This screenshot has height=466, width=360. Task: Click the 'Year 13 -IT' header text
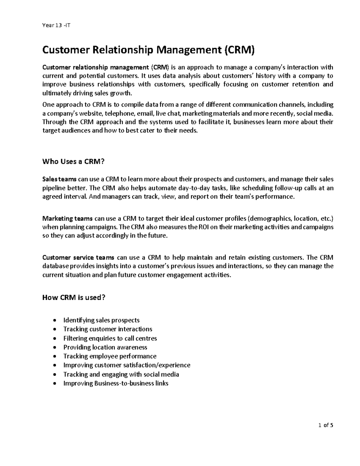(x=56, y=25)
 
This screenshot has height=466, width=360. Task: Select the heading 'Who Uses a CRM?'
(x=73, y=162)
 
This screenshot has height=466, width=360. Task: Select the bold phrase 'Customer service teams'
(x=78, y=257)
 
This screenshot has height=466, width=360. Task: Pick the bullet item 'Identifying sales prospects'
(x=101, y=320)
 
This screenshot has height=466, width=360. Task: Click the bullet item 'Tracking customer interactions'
(x=108, y=329)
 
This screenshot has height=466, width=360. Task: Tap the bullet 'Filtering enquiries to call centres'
(x=110, y=338)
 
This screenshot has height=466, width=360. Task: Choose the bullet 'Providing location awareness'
(x=105, y=347)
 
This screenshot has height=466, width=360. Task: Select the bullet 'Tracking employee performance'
(x=110, y=356)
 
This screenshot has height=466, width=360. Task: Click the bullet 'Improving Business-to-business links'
(x=116, y=383)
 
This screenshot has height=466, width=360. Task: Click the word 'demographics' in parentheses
(x=272, y=218)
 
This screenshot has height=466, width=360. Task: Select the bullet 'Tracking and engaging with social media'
(x=121, y=374)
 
